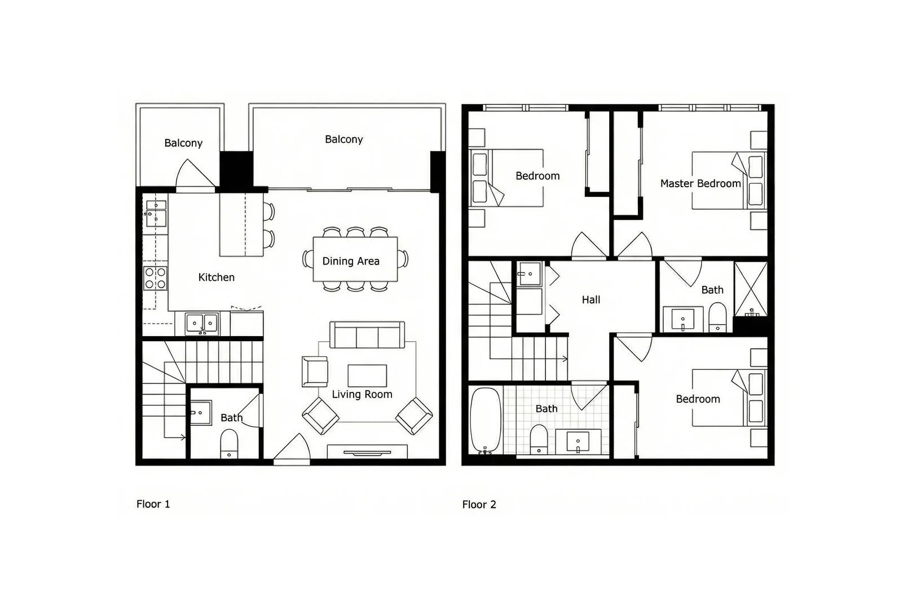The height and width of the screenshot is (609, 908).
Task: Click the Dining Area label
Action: pyautogui.click(x=350, y=261)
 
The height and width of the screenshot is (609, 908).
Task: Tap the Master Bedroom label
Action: pyautogui.click(x=700, y=184)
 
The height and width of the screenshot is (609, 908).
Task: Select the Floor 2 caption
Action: pyautogui.click(x=479, y=505)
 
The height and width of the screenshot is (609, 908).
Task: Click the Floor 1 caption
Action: pyautogui.click(x=153, y=504)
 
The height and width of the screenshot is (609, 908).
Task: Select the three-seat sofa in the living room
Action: pyautogui.click(x=367, y=336)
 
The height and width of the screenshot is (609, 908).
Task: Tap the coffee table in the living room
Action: pyautogui.click(x=367, y=375)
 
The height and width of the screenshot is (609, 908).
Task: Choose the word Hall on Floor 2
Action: pyautogui.click(x=590, y=300)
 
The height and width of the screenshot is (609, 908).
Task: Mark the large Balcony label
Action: pyautogui.click(x=343, y=139)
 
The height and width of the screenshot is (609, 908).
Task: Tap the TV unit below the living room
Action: pyautogui.click(x=367, y=452)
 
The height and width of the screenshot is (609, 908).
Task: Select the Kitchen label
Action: pyautogui.click(x=216, y=277)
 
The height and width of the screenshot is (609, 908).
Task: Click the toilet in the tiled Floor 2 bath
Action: pyautogui.click(x=539, y=439)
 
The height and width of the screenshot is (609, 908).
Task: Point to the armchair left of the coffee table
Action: pyautogui.click(x=314, y=372)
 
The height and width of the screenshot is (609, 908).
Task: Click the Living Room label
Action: pyautogui.click(x=362, y=395)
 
